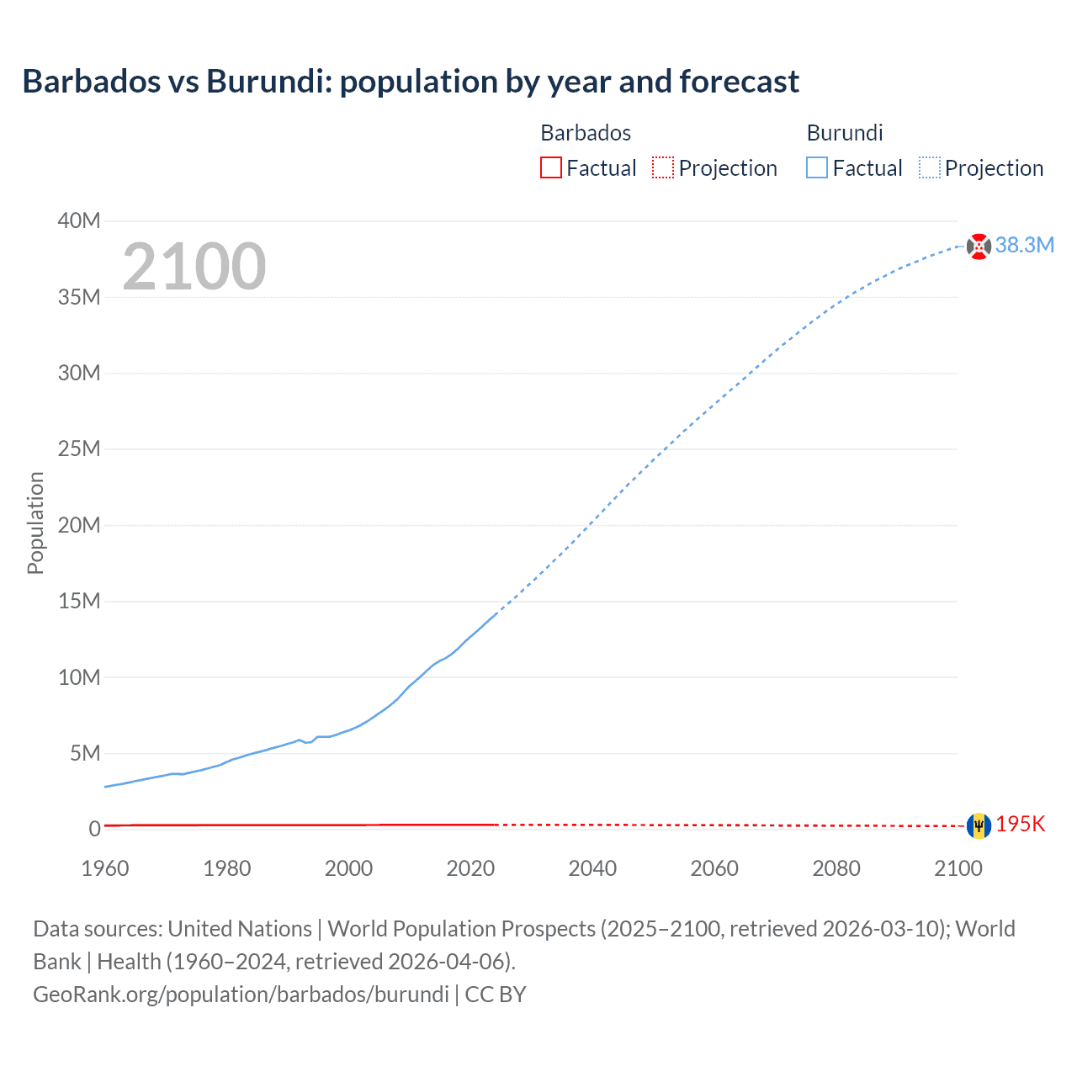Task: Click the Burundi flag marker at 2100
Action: click(979, 247)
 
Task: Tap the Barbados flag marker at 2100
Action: click(979, 825)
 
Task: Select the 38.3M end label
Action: click(1024, 245)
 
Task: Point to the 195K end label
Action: click(1020, 825)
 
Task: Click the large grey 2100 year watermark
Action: click(194, 267)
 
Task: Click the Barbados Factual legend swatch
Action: click(550, 167)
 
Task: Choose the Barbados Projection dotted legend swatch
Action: click(663, 167)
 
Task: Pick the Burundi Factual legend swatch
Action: click(816, 167)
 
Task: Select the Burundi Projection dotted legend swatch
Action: click(929, 167)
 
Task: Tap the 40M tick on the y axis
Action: click(79, 220)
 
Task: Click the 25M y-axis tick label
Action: click(79, 448)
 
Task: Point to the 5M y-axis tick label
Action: click(84, 753)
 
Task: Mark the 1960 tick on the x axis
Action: click(105, 868)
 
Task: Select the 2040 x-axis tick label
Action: click(592, 868)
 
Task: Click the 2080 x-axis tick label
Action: click(836, 868)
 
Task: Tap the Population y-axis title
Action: click(35, 523)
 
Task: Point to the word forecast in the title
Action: click(739, 82)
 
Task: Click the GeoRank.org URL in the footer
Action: click(241, 994)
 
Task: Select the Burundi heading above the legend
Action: click(845, 133)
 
